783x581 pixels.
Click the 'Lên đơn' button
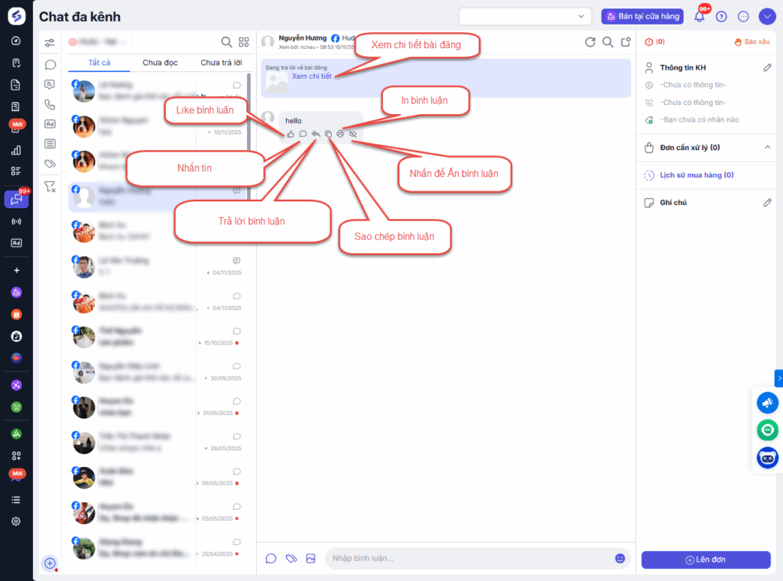pyautogui.click(x=705, y=560)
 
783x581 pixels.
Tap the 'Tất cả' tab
pyautogui.click(x=100, y=63)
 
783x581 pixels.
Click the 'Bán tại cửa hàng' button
pyautogui.click(x=642, y=16)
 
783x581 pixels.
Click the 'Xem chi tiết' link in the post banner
pyautogui.click(x=311, y=77)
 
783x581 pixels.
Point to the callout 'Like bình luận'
pyautogui.click(x=204, y=110)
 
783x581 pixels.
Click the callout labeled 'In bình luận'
pyautogui.click(x=424, y=100)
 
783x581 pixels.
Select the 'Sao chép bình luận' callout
pyautogui.click(x=394, y=237)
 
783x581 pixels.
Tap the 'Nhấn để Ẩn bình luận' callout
pyautogui.click(x=453, y=174)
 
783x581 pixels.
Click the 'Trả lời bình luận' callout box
pyautogui.click(x=252, y=221)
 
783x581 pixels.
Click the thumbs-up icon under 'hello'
pyautogui.click(x=291, y=134)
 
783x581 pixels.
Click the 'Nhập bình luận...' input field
pyautogui.click(x=466, y=558)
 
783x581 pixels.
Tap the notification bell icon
pyautogui.click(x=699, y=16)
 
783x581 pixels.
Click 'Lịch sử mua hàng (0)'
pyautogui.click(x=697, y=175)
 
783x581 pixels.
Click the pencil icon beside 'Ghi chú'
pyautogui.click(x=768, y=203)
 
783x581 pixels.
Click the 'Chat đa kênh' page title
pyautogui.click(x=80, y=17)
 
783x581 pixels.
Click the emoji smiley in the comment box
pyautogui.click(x=620, y=558)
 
